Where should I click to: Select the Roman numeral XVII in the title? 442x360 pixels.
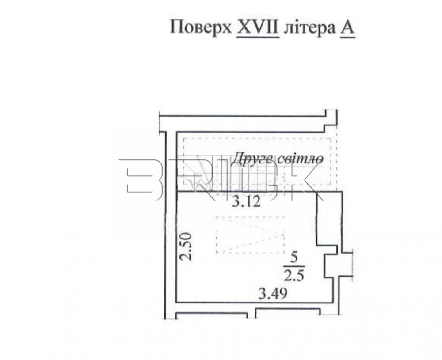pyautogui.click(x=258, y=27)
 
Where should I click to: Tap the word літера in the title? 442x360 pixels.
pyautogui.click(x=309, y=28)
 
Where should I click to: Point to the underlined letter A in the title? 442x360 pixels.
pyautogui.click(x=347, y=28)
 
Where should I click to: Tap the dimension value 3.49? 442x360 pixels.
pyautogui.click(x=273, y=294)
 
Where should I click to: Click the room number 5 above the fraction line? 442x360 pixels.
pyautogui.click(x=294, y=258)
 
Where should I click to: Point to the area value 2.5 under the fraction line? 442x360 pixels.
pyautogui.click(x=294, y=275)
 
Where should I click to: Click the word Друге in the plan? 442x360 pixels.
pyautogui.click(x=252, y=159)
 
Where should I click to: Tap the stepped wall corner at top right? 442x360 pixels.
pyautogui.click(x=331, y=121)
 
